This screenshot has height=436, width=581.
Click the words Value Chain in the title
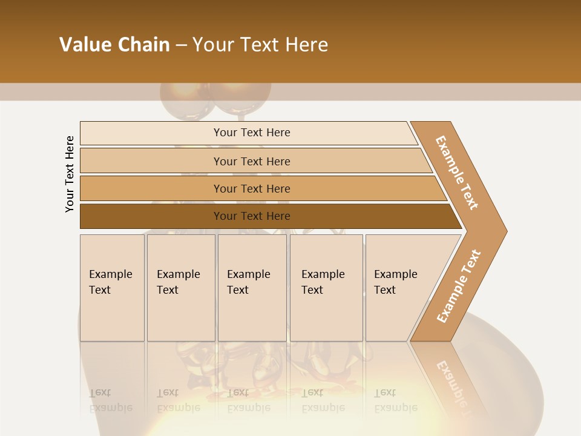pos(114,44)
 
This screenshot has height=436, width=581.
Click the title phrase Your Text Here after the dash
pos(260,44)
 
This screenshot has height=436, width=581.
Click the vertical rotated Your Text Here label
pos(70,174)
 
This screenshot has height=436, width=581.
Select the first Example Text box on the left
pos(112,288)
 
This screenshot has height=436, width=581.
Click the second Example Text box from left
pos(180,288)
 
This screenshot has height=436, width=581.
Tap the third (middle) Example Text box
pos(252,288)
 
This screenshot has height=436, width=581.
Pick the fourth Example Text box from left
pos(326,288)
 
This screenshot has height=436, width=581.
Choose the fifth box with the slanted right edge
pos(399,288)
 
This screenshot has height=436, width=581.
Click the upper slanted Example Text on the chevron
pos(457,173)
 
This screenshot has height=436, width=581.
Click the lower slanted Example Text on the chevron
pos(459,286)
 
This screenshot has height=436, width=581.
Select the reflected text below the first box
pos(111,400)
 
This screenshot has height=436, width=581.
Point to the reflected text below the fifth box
pos(396,400)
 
